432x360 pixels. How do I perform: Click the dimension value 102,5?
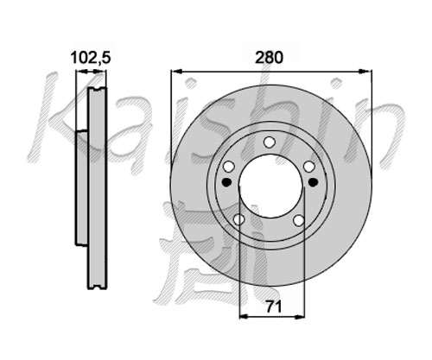91,58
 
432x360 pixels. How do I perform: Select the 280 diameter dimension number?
270,58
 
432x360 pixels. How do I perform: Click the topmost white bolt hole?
270,142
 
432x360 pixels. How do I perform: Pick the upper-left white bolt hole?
229,167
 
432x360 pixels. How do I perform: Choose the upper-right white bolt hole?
309,167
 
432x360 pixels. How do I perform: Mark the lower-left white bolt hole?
238,220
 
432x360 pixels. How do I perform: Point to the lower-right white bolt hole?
299,220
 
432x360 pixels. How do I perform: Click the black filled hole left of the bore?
227,182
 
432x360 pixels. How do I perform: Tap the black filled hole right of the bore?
313,182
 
